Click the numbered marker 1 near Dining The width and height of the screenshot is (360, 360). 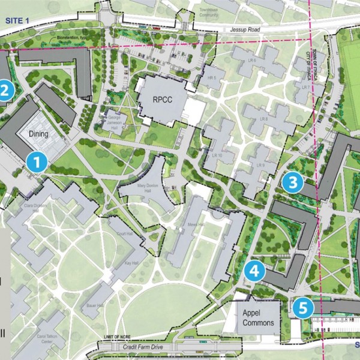pos(37,161)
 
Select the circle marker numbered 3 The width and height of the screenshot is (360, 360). pos(293,182)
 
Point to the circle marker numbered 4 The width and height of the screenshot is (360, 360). pos(254,271)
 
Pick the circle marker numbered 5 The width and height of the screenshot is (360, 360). pos(304,308)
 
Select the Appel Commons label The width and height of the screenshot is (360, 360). pos(259,318)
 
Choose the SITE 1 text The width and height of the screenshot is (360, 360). pos(17,20)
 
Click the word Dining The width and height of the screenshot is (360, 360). pos(38,134)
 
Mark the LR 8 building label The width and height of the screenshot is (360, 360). pos(263,119)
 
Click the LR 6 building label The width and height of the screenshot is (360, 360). pos(253,61)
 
